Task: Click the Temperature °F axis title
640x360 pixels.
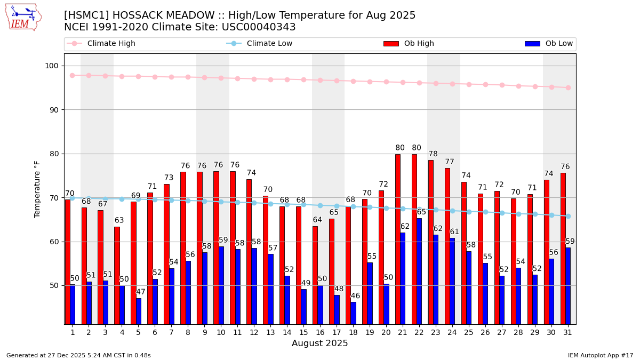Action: coord(37,189)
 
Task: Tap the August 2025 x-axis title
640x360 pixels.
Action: coord(319,344)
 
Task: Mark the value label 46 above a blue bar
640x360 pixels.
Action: coord(355,296)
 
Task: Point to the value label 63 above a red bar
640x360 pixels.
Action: coord(119,220)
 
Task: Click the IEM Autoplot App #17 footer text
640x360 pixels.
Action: coord(600,356)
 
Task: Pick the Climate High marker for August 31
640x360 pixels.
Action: coord(568,87)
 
